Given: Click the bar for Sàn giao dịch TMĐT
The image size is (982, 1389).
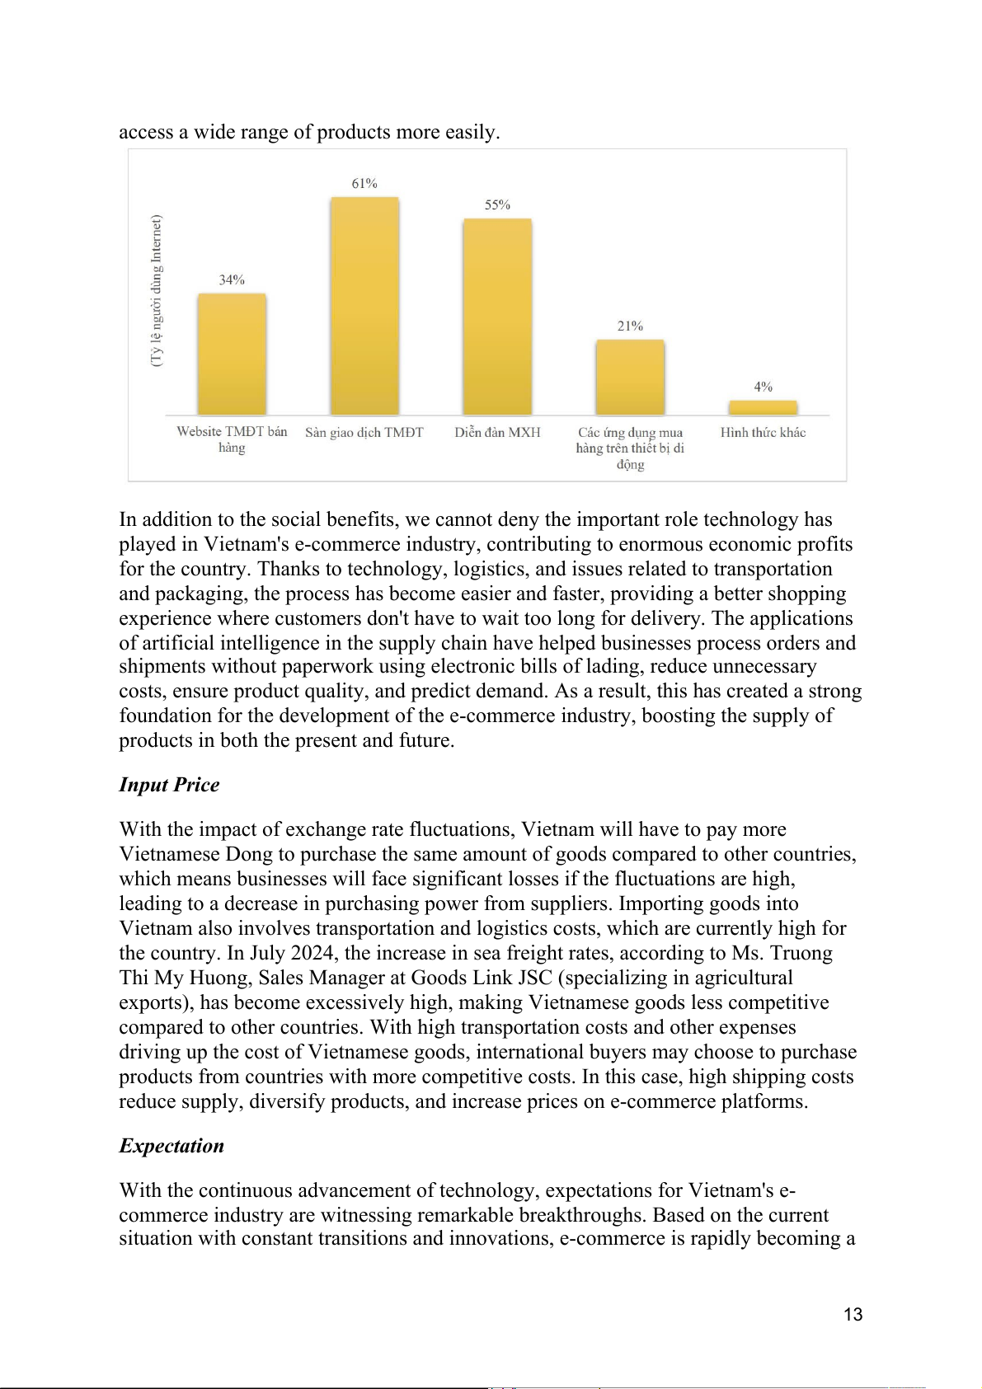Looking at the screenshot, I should point(364,306).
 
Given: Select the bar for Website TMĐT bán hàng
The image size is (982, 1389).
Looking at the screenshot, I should point(232,354).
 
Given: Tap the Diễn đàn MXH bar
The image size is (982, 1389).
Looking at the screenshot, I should point(497,317).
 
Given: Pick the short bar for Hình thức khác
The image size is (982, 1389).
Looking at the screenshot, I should point(763,407).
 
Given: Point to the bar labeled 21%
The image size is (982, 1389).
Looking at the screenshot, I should point(630,377).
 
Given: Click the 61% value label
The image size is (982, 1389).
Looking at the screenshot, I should point(364,184).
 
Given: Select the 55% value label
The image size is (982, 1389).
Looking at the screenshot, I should point(497,205).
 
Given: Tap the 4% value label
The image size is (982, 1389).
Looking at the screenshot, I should point(763,387).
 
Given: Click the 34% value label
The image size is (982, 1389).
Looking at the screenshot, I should point(232,280).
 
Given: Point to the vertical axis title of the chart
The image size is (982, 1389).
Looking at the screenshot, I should point(157,291).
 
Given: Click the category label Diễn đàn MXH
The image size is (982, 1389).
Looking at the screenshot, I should point(497,433).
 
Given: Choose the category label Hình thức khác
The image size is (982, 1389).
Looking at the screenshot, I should point(763,433).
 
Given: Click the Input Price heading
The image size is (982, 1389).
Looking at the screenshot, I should point(169,785).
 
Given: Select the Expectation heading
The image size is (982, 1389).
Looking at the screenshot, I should point(171,1146).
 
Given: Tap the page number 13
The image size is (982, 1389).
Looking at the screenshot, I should point(853,1315).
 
